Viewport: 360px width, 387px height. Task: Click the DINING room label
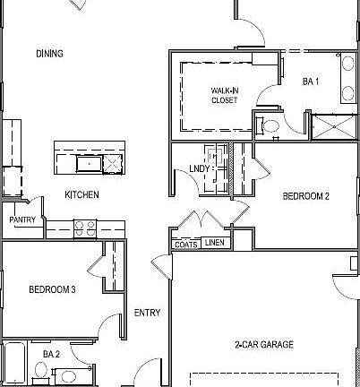49,54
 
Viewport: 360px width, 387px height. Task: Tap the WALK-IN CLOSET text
224,95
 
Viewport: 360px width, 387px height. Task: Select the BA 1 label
311,82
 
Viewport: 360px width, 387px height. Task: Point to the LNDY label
199,169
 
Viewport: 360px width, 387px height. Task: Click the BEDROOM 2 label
307,195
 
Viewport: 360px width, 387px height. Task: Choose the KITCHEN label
81,194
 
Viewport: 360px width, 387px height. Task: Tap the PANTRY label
22,219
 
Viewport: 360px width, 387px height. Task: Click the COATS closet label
185,243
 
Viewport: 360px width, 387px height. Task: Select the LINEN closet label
214,243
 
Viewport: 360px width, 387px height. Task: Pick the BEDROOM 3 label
52,289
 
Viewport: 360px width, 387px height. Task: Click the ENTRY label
147,313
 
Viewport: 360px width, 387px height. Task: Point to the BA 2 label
51,355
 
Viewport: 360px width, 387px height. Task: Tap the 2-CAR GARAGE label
264,345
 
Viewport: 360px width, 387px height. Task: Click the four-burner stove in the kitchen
84,228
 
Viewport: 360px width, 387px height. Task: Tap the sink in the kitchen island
90,163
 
